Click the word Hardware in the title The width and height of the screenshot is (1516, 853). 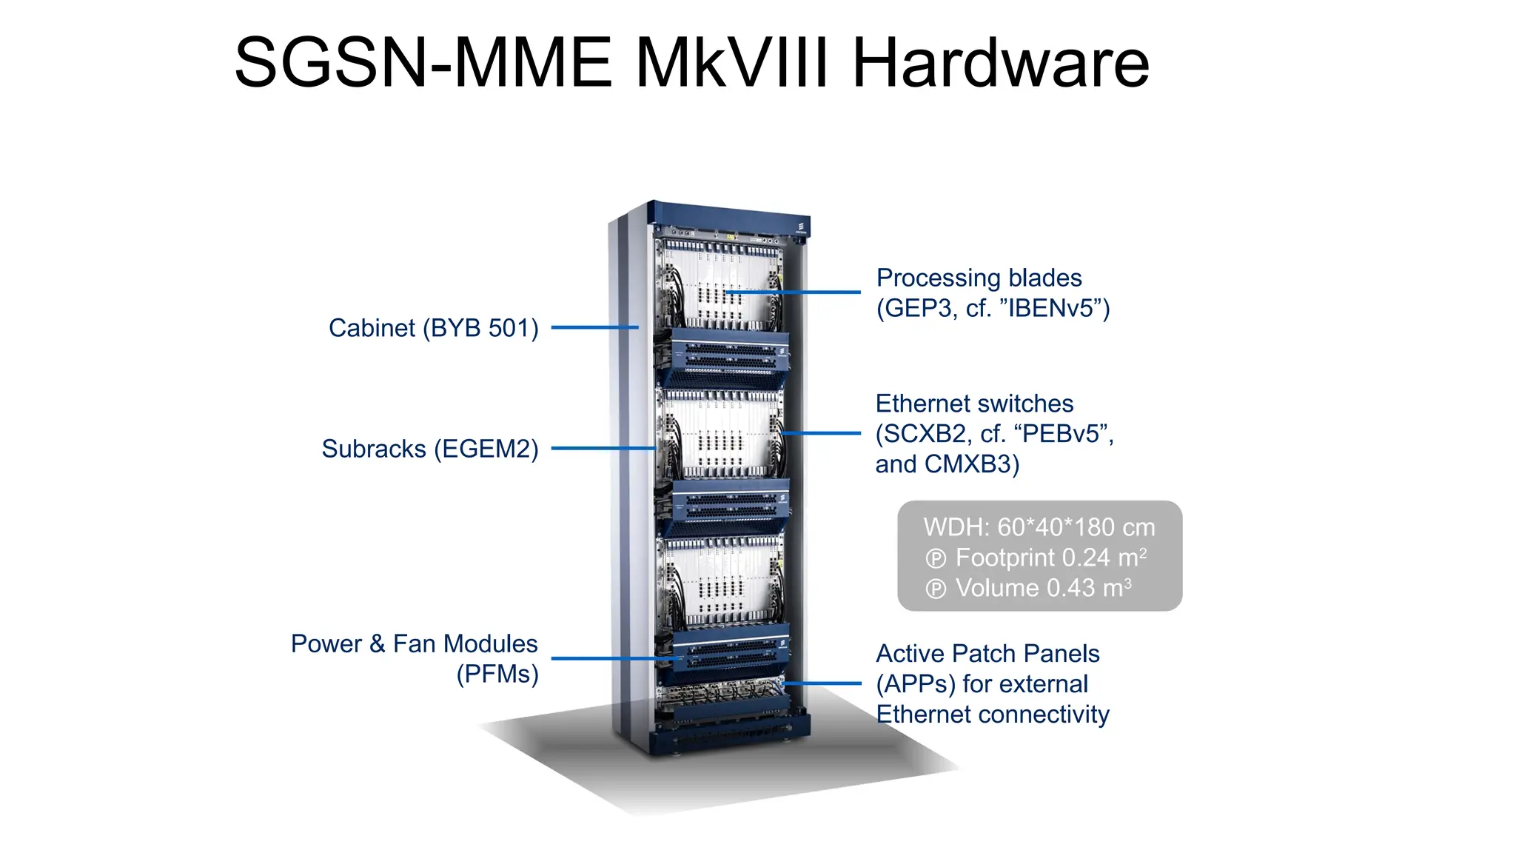[1001, 64]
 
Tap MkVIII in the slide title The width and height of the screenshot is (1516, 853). [731, 64]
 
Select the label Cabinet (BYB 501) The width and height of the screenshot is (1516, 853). [433, 328]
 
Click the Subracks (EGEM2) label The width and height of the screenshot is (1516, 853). [429, 449]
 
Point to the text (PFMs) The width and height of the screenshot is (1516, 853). [497, 675]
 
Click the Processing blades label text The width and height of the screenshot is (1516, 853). [979, 278]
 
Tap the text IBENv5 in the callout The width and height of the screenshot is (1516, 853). [1054, 309]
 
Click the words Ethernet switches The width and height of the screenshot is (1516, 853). [974, 404]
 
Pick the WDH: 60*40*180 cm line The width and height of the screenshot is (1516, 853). [1039, 527]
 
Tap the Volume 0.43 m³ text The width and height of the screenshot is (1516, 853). [1043, 588]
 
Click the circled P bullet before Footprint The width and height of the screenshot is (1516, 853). [936, 559]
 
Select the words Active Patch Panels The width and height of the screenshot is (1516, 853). [987, 654]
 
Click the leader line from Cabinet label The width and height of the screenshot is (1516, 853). [594, 327]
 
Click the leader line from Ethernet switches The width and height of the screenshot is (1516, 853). [822, 433]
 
